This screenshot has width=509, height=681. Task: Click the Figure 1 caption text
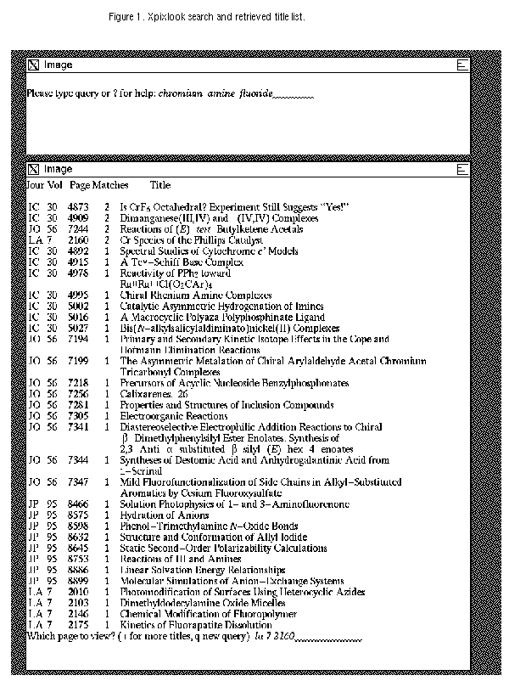(x=206, y=18)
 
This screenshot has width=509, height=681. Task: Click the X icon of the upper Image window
(x=33, y=65)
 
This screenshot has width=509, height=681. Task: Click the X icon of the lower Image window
(x=33, y=169)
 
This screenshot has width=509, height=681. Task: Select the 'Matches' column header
(x=110, y=184)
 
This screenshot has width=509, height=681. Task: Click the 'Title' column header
(x=160, y=184)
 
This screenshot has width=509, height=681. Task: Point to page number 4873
(x=79, y=206)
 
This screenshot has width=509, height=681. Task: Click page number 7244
(x=79, y=229)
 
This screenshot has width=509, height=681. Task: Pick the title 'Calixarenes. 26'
(x=154, y=394)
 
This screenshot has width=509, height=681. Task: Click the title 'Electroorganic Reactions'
(x=173, y=416)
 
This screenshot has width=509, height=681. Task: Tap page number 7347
(x=79, y=482)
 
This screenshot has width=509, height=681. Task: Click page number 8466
(x=79, y=504)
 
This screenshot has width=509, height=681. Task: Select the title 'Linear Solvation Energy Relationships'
(x=202, y=570)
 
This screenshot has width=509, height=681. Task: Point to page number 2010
(x=79, y=592)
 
